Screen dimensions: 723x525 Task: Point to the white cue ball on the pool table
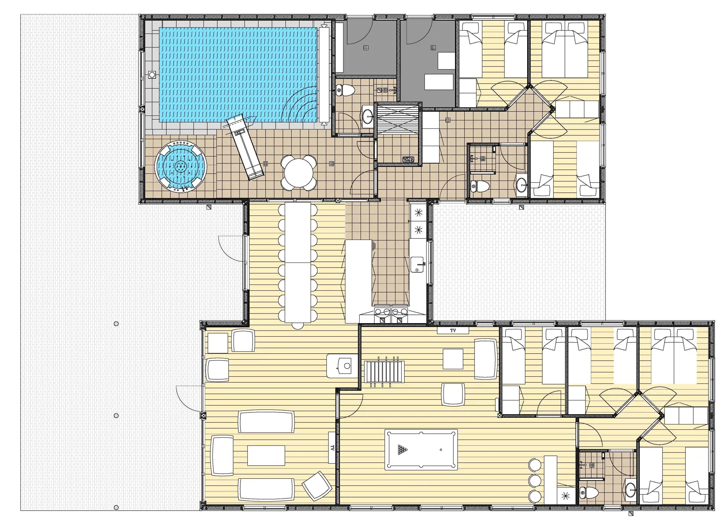coord(441,450)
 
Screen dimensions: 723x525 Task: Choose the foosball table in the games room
coord(384,371)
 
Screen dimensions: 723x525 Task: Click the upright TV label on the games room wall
coord(453,331)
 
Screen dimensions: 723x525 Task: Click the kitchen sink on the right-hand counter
coord(417,264)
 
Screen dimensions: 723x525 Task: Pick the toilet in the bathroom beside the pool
coord(345,90)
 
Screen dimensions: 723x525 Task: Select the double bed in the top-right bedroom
coord(564,49)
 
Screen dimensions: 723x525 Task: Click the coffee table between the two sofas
coord(266,455)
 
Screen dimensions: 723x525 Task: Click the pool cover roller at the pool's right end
coord(324,75)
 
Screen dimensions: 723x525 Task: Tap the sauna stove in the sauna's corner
coord(408,160)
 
